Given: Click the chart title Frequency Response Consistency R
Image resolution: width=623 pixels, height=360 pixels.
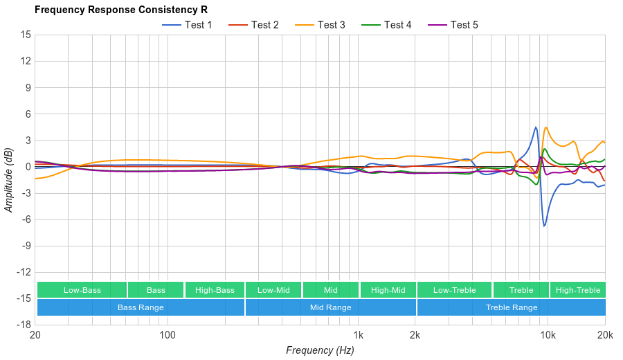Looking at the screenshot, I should pos(120,10).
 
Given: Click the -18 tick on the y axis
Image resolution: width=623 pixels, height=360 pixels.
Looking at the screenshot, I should pos(24,325).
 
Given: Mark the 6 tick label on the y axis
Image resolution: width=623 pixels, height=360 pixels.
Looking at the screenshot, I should pos(28,114).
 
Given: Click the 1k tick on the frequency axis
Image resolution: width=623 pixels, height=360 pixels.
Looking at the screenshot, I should pos(358,335).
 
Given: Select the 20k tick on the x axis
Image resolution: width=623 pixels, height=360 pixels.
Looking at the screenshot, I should pos(604,335).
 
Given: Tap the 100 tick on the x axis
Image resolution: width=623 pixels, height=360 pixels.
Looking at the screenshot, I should pos(167,335).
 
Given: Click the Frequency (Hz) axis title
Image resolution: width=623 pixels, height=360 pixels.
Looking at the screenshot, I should pos(320,350).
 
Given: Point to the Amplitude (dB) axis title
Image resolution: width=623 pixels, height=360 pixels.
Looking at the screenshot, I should pos(9,179).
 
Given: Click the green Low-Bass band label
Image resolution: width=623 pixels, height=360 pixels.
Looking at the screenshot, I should pos(82,290).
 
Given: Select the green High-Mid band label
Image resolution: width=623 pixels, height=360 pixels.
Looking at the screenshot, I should pos(388,290).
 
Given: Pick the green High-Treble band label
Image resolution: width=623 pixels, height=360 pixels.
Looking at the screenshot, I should pos(578,290).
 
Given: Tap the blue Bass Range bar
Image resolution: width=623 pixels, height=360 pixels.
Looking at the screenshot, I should pos(141,307).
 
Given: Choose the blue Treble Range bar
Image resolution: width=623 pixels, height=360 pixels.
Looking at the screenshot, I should pos(512,307).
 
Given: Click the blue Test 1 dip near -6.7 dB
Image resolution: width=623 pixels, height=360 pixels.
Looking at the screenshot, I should pos(545,226).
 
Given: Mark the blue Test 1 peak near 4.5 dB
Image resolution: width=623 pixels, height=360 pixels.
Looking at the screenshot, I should pos(536,127).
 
